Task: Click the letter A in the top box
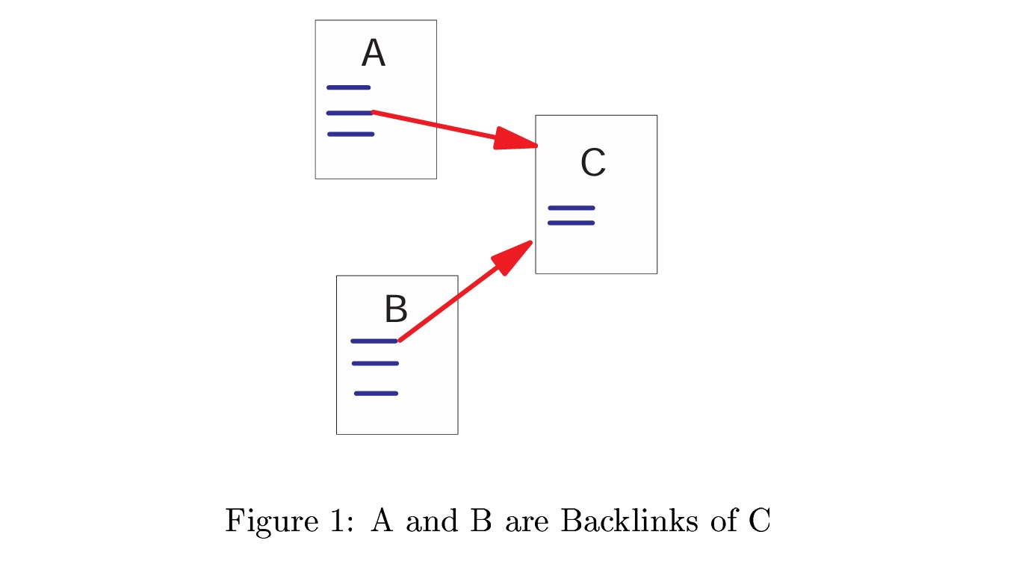coord(373,55)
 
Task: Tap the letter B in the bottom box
coord(395,309)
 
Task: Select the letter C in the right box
coord(593,163)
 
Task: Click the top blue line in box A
coord(348,87)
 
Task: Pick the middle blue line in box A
coord(349,113)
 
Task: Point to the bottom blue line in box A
coord(350,134)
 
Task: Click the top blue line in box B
coord(374,341)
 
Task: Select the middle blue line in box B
coord(375,364)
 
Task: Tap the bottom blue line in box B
coord(376,393)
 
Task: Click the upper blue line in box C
coord(571,208)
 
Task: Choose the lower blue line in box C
coord(571,223)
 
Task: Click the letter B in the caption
coord(480,520)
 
